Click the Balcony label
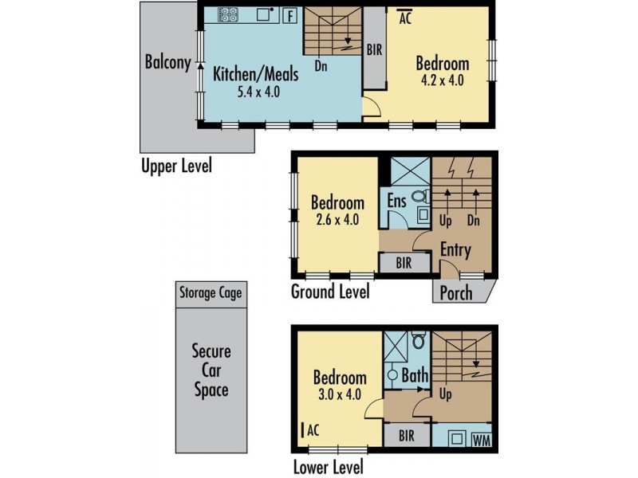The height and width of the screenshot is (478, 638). click(x=167, y=63)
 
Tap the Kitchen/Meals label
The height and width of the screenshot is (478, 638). click(x=256, y=75)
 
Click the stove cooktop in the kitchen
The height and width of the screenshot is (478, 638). click(x=228, y=15)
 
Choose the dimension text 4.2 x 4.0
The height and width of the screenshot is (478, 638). click(x=442, y=80)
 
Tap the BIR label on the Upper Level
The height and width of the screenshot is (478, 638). click(x=374, y=49)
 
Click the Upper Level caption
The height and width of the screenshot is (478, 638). click(x=176, y=167)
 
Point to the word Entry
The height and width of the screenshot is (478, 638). click(x=455, y=250)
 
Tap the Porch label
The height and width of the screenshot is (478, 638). click(x=456, y=292)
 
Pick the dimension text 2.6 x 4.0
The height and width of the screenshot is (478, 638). click(x=337, y=219)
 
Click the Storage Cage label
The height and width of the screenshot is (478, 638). click(x=210, y=292)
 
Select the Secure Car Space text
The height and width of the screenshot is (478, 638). click(x=211, y=370)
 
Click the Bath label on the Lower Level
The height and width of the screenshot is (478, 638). click(x=415, y=374)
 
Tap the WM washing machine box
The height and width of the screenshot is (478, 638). click(x=480, y=440)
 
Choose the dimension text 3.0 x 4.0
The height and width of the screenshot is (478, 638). click(x=339, y=394)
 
